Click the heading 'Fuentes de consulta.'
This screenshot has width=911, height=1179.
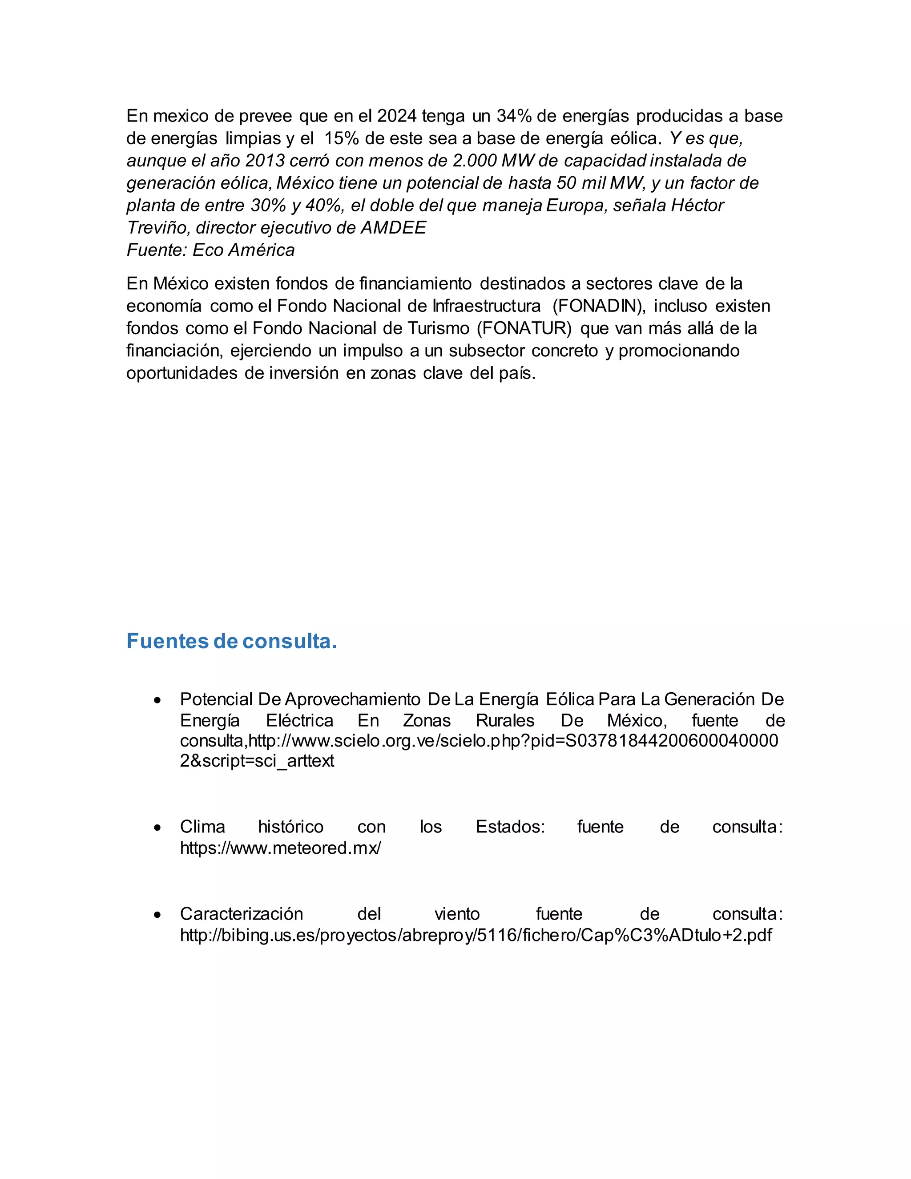(x=231, y=641)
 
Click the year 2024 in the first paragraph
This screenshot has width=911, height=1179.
(x=397, y=116)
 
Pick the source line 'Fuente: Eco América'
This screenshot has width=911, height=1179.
(x=210, y=250)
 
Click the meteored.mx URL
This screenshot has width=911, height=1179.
(x=280, y=848)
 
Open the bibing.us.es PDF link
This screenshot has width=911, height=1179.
(x=476, y=935)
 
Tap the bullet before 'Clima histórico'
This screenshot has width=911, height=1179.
(x=157, y=828)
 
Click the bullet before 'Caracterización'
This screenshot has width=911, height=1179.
(x=157, y=914)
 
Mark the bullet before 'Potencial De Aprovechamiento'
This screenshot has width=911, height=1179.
(x=157, y=700)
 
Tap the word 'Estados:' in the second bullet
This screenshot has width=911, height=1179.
(x=510, y=827)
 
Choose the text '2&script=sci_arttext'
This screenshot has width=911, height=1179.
(x=257, y=761)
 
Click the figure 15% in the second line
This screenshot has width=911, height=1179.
(x=342, y=139)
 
